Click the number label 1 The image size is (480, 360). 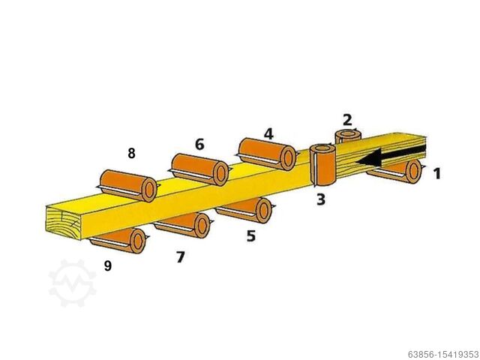[x=437, y=173]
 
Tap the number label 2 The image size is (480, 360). [x=347, y=120]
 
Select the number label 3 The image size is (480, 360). [x=320, y=199]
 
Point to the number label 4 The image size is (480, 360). [x=268, y=133]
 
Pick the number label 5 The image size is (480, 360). [x=250, y=235]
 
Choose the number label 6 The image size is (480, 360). [x=199, y=144]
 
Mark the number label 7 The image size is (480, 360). [x=181, y=256]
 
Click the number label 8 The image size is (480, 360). [x=131, y=153]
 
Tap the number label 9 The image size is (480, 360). [x=108, y=265]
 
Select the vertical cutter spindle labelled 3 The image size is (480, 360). [x=322, y=165]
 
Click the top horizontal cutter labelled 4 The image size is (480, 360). [x=267, y=154]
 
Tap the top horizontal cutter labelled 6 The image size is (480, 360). [x=199, y=169]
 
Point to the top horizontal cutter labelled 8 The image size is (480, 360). [x=128, y=186]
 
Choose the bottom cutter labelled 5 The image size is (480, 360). [x=245, y=210]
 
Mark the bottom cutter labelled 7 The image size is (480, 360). [x=183, y=225]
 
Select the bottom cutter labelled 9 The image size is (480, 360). [x=118, y=241]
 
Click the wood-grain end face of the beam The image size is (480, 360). [x=64, y=222]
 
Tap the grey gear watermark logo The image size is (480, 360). [x=72, y=283]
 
